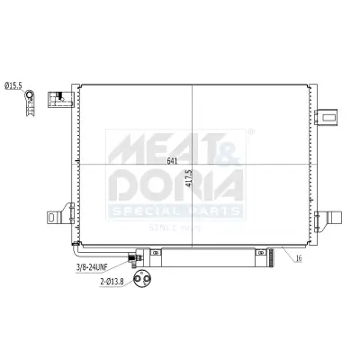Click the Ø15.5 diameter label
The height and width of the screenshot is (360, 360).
tap(14, 85)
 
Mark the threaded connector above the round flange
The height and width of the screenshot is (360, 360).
tap(137, 260)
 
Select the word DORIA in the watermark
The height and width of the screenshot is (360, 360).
tap(176, 184)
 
